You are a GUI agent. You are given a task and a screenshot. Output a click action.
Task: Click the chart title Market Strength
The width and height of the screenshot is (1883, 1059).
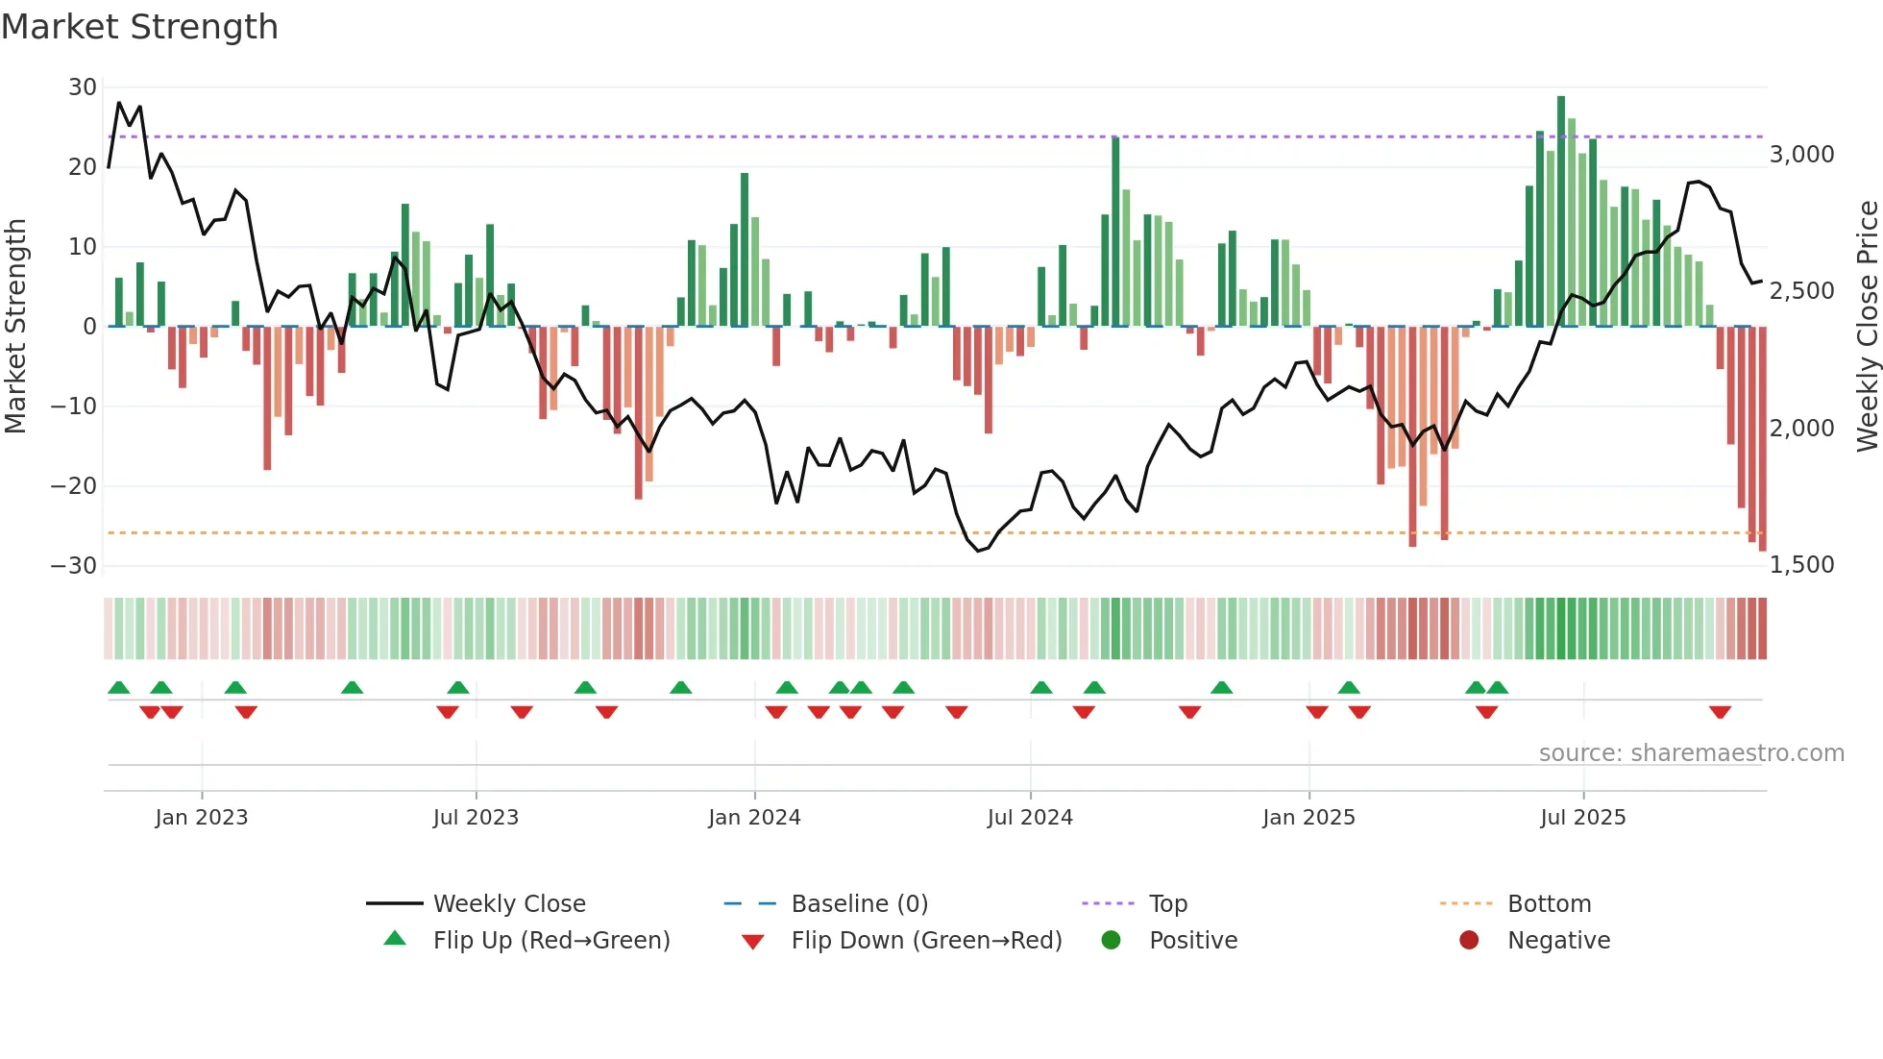(x=139, y=27)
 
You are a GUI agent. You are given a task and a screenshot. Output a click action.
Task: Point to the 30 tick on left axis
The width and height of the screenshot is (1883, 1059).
(x=83, y=87)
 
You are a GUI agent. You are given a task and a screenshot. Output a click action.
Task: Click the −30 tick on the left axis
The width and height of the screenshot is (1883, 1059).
(x=75, y=566)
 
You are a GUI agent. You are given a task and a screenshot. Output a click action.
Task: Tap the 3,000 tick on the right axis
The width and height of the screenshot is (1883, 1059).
(x=1801, y=155)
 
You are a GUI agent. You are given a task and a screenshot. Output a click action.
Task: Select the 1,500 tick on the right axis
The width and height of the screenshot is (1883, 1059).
(x=1801, y=565)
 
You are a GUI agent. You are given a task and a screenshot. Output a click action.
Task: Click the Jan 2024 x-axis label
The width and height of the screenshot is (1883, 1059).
(x=754, y=818)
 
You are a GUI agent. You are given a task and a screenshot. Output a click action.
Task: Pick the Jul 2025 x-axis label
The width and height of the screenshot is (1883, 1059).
(x=1582, y=818)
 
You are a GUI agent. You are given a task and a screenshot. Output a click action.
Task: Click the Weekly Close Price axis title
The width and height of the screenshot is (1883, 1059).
(x=1867, y=327)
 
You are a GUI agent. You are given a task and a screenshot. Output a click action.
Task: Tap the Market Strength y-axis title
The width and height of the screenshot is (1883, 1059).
(x=16, y=327)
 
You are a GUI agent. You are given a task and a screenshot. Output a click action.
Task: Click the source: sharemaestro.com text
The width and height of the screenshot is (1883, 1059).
(x=1691, y=753)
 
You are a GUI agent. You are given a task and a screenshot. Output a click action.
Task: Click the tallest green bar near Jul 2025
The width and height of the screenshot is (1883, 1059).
(x=1561, y=211)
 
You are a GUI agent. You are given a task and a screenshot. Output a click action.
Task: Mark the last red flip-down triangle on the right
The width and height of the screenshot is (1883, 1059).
(x=1720, y=712)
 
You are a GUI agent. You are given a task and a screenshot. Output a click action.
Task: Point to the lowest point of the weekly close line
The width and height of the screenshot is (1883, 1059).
(x=978, y=551)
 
